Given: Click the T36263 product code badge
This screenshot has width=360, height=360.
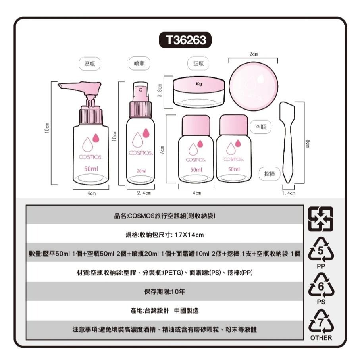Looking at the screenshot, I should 185,40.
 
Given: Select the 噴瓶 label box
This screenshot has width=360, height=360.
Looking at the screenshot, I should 139,63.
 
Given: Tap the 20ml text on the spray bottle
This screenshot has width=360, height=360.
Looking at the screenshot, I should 141,171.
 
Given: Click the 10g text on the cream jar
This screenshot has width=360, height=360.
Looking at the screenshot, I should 199,84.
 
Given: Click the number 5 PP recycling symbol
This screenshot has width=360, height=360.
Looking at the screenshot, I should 321,250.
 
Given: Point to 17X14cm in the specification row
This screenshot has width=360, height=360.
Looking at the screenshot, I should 190,235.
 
